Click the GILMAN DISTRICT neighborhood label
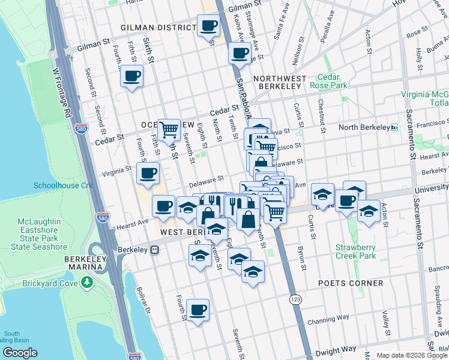coord(158,28)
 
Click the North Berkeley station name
coord(364,127)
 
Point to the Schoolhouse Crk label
coord(63,185)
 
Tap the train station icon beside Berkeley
coord(155,250)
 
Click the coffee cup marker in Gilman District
coord(208,26)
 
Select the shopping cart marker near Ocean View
coord(169,129)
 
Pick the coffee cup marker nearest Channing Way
coord(197,310)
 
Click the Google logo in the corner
coord(20,353)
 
